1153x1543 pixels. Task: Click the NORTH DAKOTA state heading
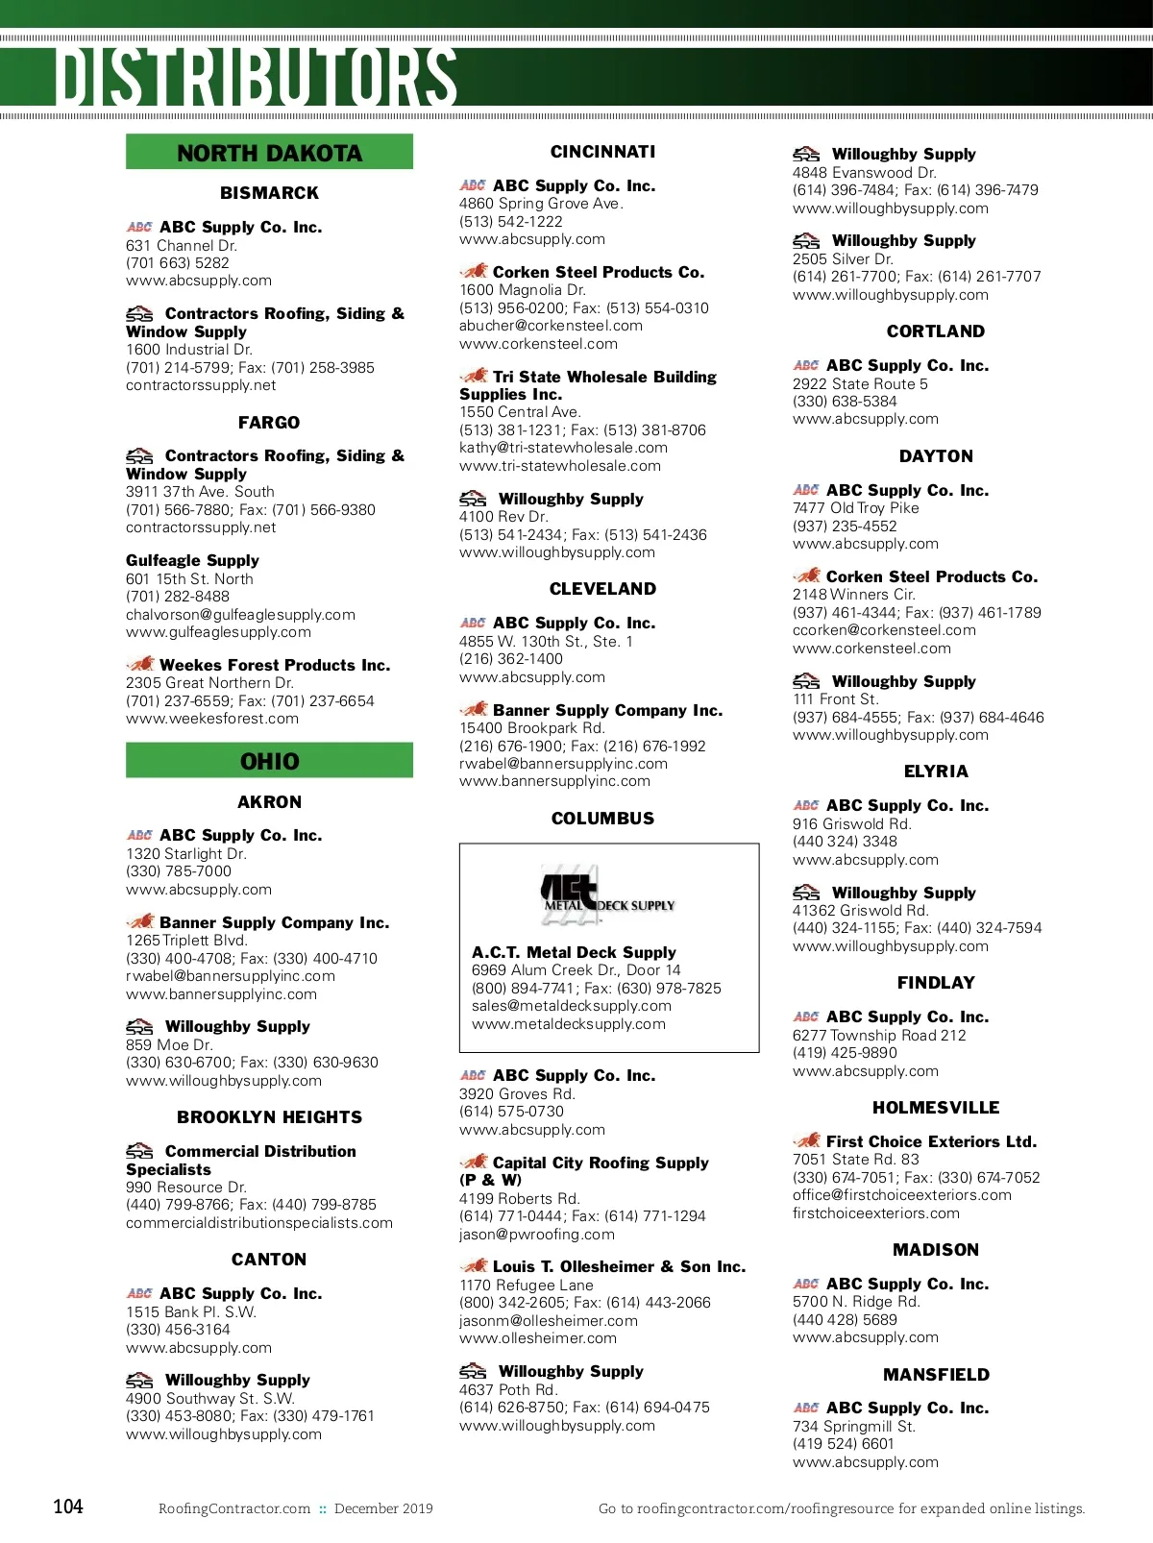click(269, 153)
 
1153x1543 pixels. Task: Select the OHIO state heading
click(269, 761)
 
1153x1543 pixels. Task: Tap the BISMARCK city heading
click(269, 193)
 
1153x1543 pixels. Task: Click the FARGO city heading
click(269, 423)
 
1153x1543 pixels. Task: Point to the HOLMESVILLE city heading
click(936, 1108)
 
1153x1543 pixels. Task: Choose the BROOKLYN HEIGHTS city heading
click(269, 1117)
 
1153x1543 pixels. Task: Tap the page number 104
click(68, 1506)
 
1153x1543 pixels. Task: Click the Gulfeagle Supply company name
click(192, 560)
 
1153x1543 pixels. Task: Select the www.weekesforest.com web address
click(212, 719)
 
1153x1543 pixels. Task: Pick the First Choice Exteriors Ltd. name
click(931, 1141)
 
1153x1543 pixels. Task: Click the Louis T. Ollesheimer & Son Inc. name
click(619, 1266)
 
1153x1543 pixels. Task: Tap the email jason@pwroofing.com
click(537, 1235)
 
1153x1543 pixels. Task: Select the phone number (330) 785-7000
click(179, 871)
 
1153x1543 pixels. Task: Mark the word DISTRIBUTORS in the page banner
click(256, 77)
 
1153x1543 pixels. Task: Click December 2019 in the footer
click(383, 1508)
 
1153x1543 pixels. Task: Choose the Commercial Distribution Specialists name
click(241, 1160)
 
